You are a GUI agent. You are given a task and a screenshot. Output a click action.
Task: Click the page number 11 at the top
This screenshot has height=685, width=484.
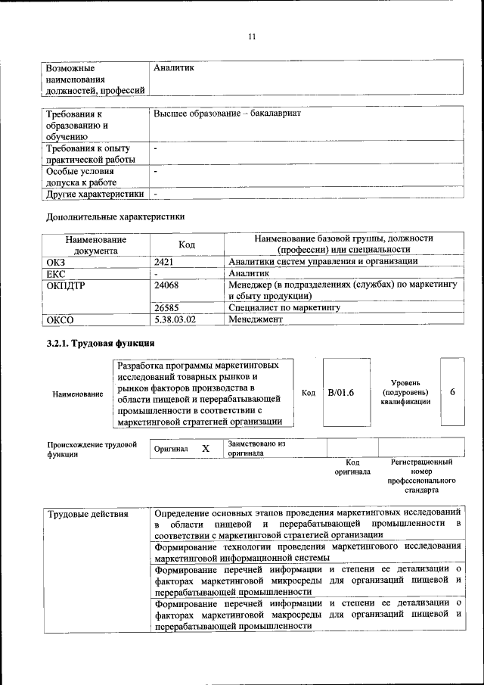(x=252, y=36)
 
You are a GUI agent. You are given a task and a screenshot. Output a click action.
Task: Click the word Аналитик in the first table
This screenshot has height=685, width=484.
(x=174, y=68)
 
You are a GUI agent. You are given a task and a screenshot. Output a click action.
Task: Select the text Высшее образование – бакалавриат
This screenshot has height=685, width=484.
(x=227, y=113)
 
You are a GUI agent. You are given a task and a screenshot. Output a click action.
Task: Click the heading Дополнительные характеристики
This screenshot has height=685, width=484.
(x=116, y=216)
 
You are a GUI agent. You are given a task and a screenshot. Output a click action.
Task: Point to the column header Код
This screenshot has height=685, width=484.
(x=187, y=244)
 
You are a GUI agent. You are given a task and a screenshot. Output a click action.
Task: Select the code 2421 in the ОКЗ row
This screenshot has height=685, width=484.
(x=164, y=262)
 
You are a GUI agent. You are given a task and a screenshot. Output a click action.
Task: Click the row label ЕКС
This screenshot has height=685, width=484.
(x=57, y=273)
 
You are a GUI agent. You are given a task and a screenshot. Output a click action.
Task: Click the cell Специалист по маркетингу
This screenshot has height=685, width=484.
(x=284, y=308)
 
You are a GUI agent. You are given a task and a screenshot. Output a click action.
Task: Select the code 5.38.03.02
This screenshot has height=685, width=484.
(x=175, y=319)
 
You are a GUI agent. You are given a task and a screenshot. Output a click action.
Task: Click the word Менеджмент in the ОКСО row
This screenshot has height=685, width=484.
(x=256, y=319)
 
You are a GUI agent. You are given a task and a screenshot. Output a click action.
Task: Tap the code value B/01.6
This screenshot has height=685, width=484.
(x=341, y=392)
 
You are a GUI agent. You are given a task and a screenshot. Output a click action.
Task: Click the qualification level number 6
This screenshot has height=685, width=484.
(x=452, y=392)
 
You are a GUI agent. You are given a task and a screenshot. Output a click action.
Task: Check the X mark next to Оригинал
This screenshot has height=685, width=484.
(x=205, y=449)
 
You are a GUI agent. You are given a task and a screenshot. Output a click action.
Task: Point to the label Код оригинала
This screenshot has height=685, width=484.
(x=352, y=466)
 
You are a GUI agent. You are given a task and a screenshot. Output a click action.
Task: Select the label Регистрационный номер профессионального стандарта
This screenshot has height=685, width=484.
(x=421, y=475)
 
